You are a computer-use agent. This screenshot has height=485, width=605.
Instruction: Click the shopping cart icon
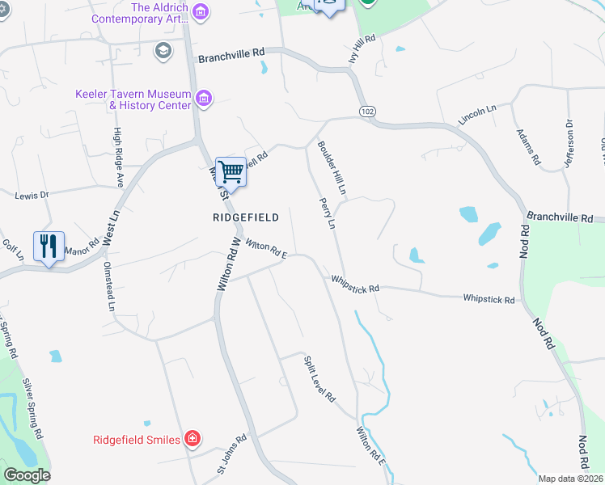click(231, 171)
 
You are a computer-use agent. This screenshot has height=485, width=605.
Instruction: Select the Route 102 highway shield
click(368, 109)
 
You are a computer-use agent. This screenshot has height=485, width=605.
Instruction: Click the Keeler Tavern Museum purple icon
click(204, 99)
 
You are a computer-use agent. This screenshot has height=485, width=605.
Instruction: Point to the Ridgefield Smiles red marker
click(192, 439)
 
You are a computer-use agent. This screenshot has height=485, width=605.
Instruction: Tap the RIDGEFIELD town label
click(246, 217)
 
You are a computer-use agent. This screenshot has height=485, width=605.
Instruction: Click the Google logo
click(27, 475)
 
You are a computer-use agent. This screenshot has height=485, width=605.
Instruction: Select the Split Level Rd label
click(319, 379)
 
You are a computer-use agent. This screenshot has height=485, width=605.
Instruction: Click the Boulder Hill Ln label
click(332, 169)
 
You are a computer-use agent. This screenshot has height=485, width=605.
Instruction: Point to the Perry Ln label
click(327, 213)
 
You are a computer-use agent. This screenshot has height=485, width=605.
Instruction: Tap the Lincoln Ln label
click(476, 114)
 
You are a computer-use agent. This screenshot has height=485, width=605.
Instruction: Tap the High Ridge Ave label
click(118, 158)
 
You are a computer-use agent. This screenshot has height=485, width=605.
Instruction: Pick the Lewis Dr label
click(32, 195)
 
